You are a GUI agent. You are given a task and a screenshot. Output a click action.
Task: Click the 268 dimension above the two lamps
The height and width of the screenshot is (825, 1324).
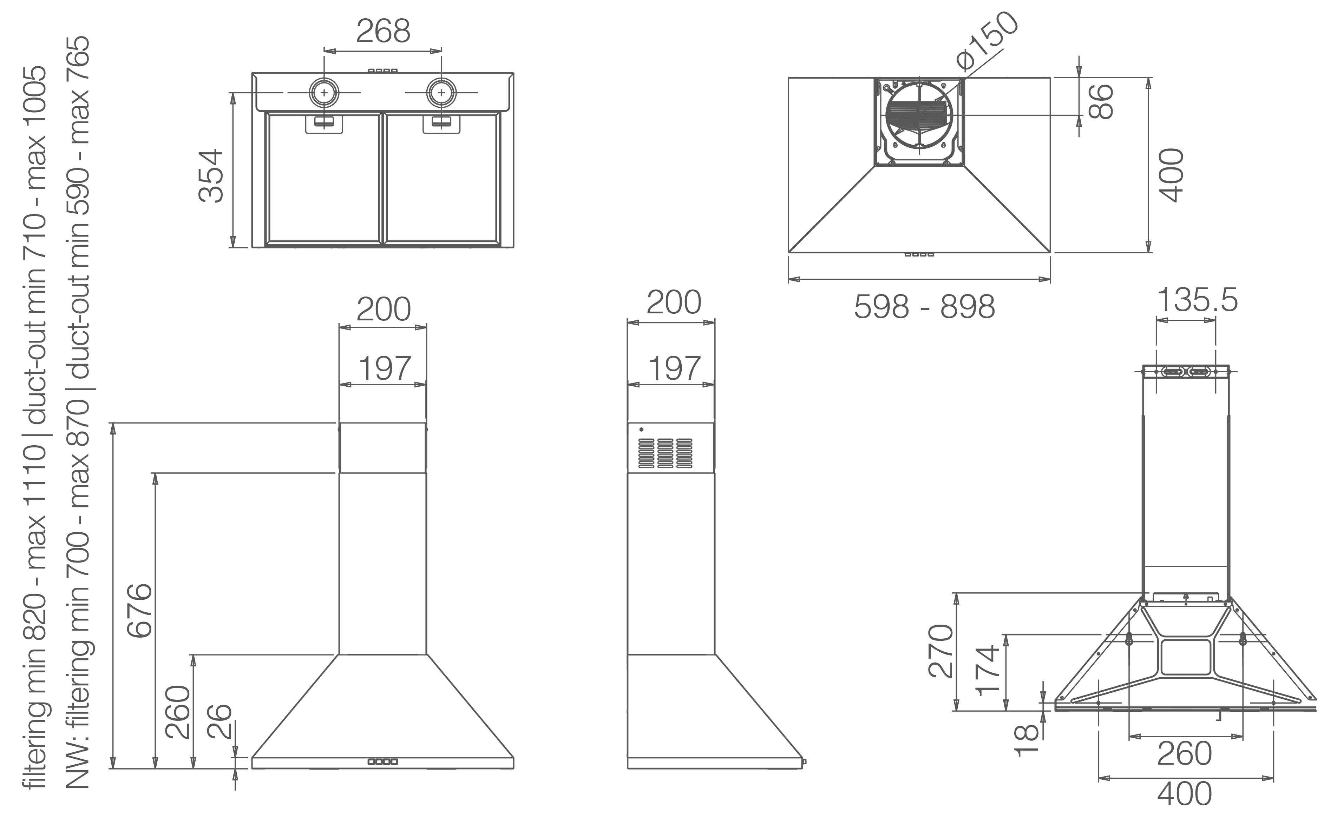383,31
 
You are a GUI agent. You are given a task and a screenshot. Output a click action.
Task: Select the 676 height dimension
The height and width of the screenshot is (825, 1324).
139,610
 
